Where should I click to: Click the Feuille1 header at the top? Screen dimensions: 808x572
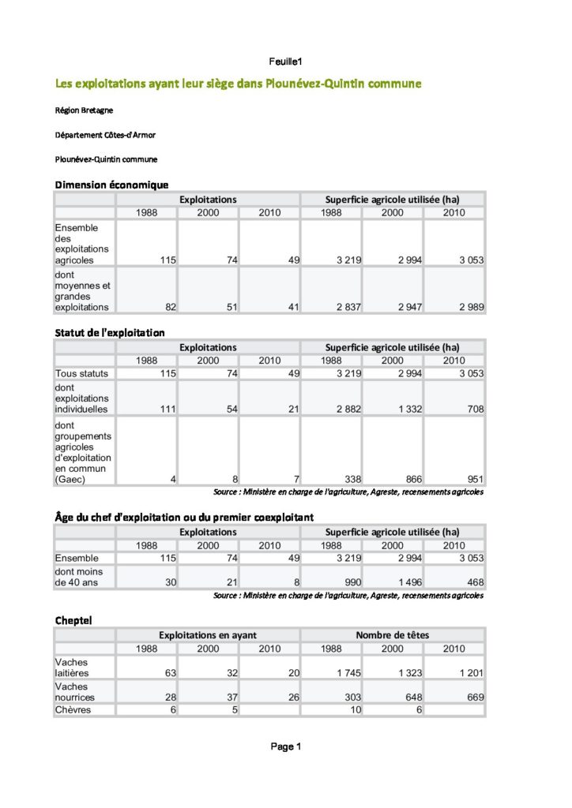click(286, 61)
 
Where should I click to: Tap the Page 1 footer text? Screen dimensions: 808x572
click(286, 746)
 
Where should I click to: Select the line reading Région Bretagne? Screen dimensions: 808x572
click(84, 110)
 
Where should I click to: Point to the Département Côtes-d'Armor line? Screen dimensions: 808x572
click(105, 135)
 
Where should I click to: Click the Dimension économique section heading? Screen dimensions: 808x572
click(111, 185)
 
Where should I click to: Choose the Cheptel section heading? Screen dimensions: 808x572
click(73, 621)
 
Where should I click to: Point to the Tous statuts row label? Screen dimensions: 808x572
click(82, 373)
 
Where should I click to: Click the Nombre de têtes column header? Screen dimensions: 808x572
click(393, 634)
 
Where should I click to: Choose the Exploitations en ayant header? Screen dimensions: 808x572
click(208, 634)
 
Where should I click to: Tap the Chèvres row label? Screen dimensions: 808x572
click(73, 709)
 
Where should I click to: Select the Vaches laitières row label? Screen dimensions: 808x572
click(72, 668)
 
